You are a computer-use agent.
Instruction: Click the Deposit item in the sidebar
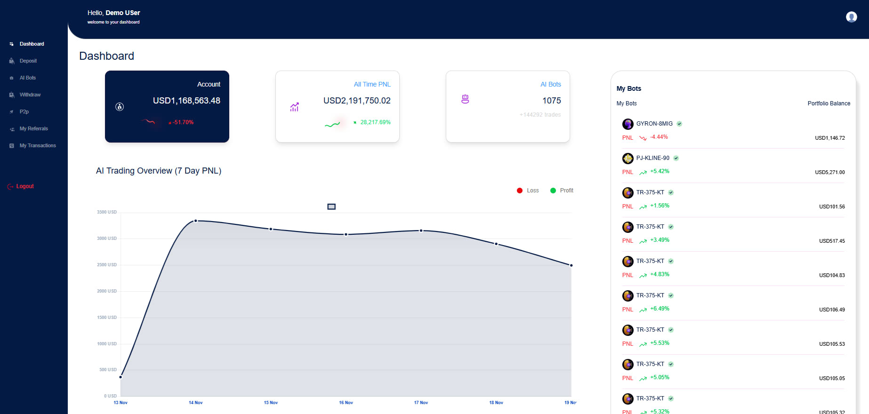[x=28, y=61]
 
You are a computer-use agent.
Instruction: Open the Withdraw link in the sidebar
[x=30, y=95]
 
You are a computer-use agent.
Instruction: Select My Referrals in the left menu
[x=33, y=128]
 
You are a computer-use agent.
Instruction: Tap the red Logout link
[x=24, y=186]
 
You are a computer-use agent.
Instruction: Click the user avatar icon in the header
[x=851, y=17]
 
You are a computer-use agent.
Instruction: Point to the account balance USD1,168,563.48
[x=186, y=101]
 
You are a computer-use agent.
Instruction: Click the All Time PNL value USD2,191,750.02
[x=357, y=101]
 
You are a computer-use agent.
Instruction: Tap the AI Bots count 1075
[x=551, y=101]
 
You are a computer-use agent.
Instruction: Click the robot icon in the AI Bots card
[x=465, y=99]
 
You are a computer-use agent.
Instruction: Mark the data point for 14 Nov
[x=196, y=221]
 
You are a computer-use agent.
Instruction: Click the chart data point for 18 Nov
[x=496, y=244]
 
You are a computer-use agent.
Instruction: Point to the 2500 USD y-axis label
[x=107, y=265]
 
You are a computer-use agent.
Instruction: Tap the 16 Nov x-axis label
[x=346, y=403]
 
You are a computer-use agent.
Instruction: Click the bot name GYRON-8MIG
[x=654, y=124]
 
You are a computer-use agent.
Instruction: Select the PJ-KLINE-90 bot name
[x=652, y=158]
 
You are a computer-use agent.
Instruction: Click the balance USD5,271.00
[x=829, y=172]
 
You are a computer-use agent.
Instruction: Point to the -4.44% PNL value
[x=659, y=137]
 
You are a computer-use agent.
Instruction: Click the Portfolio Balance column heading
[x=829, y=103]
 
